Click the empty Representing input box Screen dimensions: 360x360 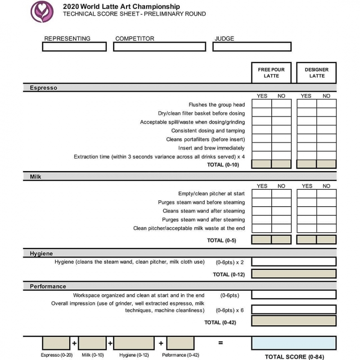pos(74,47)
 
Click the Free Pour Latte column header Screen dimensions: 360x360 pos(271,72)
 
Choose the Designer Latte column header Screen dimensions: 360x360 pos(316,72)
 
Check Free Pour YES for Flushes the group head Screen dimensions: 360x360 pos(261,104)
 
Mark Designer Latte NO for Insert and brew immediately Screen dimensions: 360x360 pos(326,148)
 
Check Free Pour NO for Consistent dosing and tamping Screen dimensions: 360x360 pos(281,130)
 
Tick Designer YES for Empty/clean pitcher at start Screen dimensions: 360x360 pos(307,193)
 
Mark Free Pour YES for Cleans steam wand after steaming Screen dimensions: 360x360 pos(261,211)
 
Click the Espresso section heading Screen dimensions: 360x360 pos(44,88)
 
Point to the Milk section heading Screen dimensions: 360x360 pos(36,177)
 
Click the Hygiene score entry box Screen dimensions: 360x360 pos(293,261)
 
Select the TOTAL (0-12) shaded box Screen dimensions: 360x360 pos(293,274)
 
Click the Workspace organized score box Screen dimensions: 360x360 pos(293,295)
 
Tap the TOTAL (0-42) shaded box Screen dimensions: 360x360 pos(293,321)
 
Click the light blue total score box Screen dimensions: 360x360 pos(293,343)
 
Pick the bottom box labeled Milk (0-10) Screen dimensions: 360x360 pos(92,343)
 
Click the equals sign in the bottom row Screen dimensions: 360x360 pos(220,343)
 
